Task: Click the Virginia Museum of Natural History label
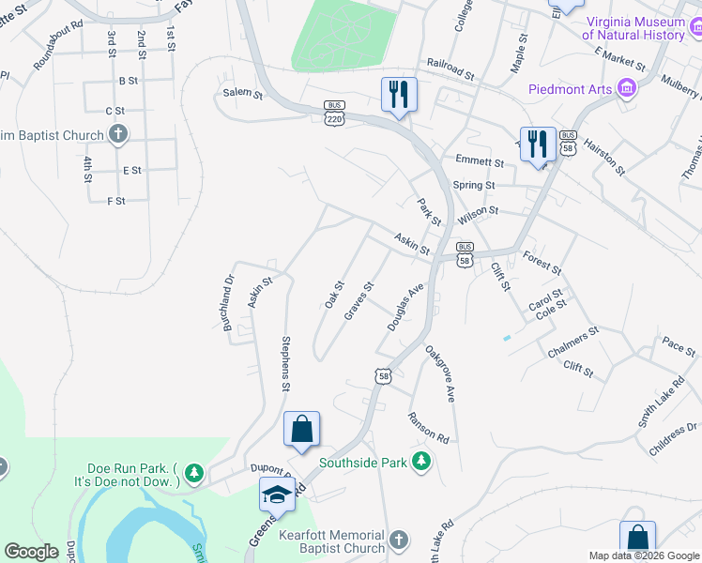pyautogui.click(x=633, y=28)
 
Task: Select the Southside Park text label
pyautogui.click(x=363, y=462)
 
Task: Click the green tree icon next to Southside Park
pyautogui.click(x=422, y=462)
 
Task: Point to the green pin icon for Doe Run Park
pyautogui.click(x=194, y=473)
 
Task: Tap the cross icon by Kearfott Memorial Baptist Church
pyautogui.click(x=399, y=540)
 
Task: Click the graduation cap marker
pyautogui.click(x=277, y=494)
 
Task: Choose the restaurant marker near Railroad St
pyautogui.click(x=399, y=94)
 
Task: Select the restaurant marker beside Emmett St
pyautogui.click(x=538, y=144)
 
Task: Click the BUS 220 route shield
pyautogui.click(x=334, y=112)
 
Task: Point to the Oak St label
pyautogui.click(x=334, y=295)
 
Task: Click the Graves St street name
pyautogui.click(x=359, y=300)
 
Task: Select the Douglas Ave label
pyautogui.click(x=406, y=306)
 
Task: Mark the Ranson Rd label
pyautogui.click(x=428, y=427)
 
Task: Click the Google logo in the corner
pyautogui.click(x=31, y=552)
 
